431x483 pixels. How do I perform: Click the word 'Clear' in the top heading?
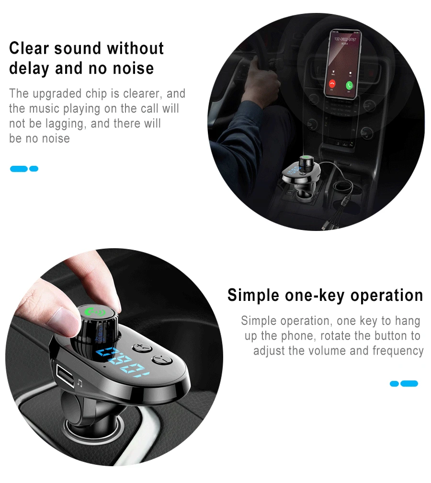(x=29, y=48)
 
